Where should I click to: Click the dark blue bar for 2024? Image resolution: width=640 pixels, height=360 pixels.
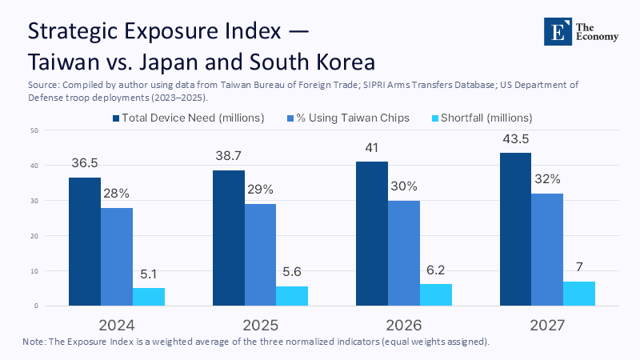point(84,242)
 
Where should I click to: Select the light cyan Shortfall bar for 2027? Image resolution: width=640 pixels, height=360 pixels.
point(578,294)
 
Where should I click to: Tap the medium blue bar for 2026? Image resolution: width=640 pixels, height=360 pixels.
point(403,253)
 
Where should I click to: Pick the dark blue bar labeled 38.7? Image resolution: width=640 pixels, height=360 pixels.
point(228,238)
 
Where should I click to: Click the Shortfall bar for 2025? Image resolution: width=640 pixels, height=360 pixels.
point(292,296)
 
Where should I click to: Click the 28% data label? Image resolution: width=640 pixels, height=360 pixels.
point(117,194)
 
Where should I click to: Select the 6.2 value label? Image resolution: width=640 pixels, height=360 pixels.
point(435,270)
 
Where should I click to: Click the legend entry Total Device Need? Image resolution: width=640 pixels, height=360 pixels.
point(189,118)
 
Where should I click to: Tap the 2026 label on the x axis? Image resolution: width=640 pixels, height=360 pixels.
point(403,326)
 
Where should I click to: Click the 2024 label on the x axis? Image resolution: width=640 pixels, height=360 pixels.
point(117,326)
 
